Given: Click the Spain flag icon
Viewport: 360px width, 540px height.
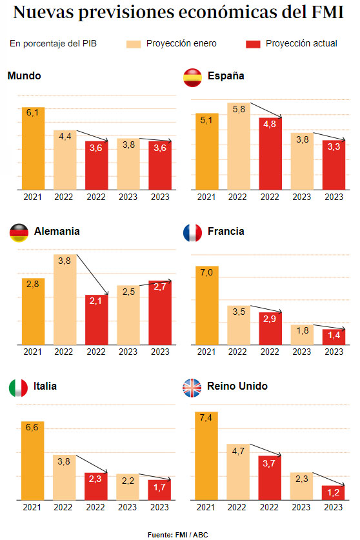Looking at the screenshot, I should (193, 76).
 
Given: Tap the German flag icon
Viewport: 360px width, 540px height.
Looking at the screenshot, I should (19, 232).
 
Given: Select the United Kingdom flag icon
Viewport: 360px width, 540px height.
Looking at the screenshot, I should (193, 387).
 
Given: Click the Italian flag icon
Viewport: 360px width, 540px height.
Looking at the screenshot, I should (19, 387).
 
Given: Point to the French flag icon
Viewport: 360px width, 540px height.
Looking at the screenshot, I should (193, 232).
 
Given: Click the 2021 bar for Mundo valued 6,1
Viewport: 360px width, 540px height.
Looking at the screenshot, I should (33, 149).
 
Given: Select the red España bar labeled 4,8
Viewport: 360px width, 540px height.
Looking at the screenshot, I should (270, 154).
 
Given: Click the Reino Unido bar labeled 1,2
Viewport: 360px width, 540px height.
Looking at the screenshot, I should (334, 493).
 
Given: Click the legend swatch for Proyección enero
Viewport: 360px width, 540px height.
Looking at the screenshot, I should (133, 44).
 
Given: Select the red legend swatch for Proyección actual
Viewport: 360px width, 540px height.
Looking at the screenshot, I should (253, 44).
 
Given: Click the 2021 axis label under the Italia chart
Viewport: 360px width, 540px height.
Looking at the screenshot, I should (33, 507).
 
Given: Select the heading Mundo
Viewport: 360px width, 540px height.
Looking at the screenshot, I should (25, 76).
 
